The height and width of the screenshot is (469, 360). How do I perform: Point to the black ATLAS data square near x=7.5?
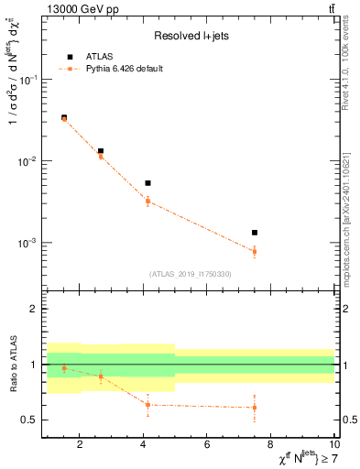255,233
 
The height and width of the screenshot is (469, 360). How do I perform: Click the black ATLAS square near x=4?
147,183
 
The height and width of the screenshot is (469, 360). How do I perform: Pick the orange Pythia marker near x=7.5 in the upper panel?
255,251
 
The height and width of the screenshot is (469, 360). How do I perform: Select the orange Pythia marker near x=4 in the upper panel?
147,201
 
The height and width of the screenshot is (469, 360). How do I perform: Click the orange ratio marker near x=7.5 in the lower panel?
255,408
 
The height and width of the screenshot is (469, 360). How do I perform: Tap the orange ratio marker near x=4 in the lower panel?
147,404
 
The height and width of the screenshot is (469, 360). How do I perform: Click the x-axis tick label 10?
334,446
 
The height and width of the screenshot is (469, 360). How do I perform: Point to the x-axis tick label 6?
207,446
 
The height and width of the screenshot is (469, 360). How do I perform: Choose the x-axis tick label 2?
80,446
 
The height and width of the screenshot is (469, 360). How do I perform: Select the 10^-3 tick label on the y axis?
27,244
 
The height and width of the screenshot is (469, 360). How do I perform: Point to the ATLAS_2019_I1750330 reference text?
191,274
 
